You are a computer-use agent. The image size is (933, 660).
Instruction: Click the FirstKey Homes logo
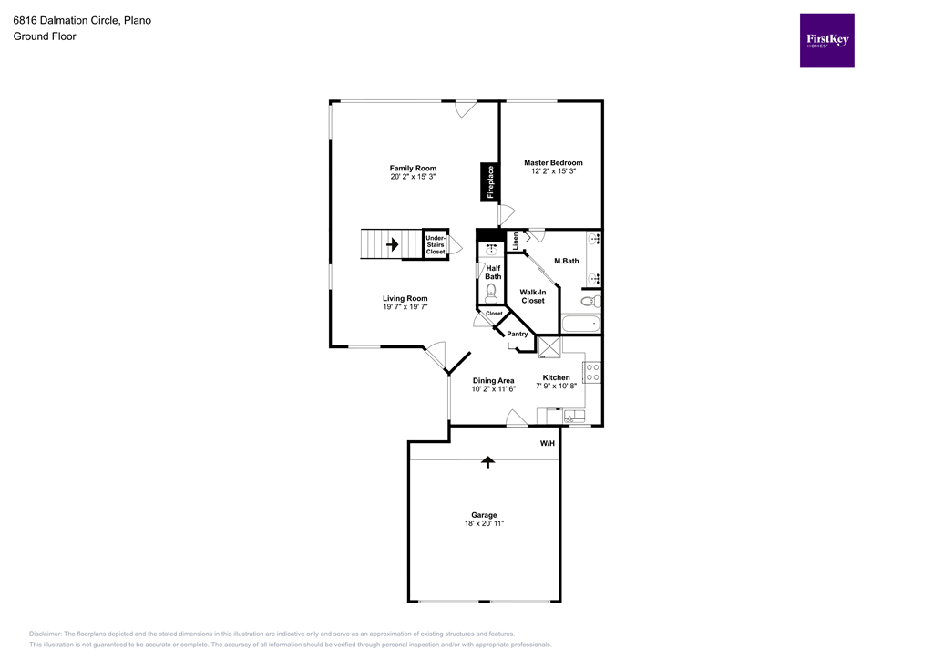point(826,40)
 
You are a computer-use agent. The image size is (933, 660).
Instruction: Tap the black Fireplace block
point(489,181)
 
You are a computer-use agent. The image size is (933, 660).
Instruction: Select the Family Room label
point(413,168)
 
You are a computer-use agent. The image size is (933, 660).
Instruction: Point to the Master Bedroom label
point(553,162)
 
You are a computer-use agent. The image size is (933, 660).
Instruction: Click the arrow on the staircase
point(393,244)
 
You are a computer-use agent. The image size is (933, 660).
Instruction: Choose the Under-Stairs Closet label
point(436,244)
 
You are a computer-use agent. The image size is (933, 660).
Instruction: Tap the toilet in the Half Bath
point(492,292)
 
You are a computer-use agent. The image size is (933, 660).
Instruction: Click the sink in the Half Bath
point(492,247)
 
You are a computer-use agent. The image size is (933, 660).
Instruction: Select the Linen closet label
point(515,242)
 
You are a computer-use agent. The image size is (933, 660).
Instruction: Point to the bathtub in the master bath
point(580,324)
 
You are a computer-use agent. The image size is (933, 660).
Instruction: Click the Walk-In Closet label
point(533,295)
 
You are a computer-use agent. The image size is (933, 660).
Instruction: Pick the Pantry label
point(518,334)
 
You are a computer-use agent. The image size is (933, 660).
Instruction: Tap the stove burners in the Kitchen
point(591,372)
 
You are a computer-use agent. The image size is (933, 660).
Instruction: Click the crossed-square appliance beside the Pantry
point(549,348)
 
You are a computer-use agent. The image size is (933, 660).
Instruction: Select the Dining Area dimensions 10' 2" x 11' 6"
point(493,389)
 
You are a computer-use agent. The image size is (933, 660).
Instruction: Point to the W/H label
point(548,443)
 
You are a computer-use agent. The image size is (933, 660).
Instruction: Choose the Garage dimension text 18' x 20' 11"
point(484,523)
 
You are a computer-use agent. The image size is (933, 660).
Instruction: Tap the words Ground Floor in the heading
point(45,36)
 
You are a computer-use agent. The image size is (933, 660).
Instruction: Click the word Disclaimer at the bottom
point(45,634)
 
